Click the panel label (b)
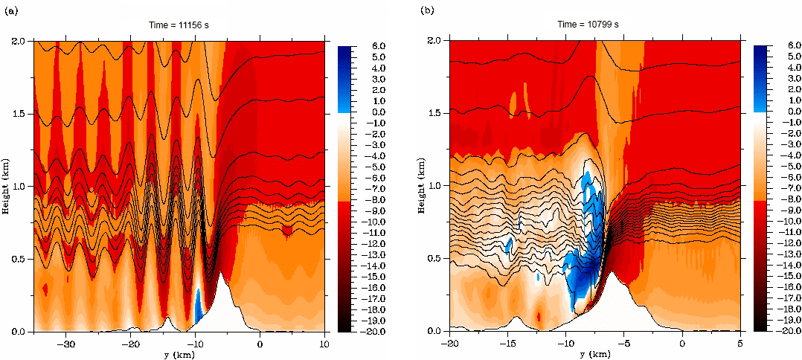426,10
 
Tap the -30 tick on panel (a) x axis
67,344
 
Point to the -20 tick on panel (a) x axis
131,344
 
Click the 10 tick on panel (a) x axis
324,344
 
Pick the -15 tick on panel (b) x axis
507,344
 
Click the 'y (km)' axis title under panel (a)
179,353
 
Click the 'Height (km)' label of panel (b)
421,185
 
